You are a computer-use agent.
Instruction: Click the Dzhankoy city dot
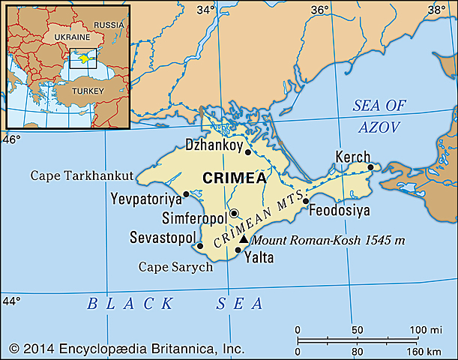click(x=248, y=151)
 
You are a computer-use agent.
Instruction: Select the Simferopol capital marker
click(x=234, y=213)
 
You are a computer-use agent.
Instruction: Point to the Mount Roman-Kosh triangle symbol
click(x=242, y=239)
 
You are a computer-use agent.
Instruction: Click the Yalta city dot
click(x=238, y=250)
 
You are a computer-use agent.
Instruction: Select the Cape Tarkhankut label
click(x=82, y=175)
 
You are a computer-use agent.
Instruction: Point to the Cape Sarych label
click(x=176, y=267)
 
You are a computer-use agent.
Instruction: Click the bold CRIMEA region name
click(x=230, y=177)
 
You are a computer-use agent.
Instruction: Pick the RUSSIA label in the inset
click(x=109, y=24)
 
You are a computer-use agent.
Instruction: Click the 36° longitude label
click(x=320, y=10)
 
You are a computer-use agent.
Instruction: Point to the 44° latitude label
click(x=11, y=301)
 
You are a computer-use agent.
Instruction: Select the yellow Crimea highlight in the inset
click(x=85, y=55)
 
